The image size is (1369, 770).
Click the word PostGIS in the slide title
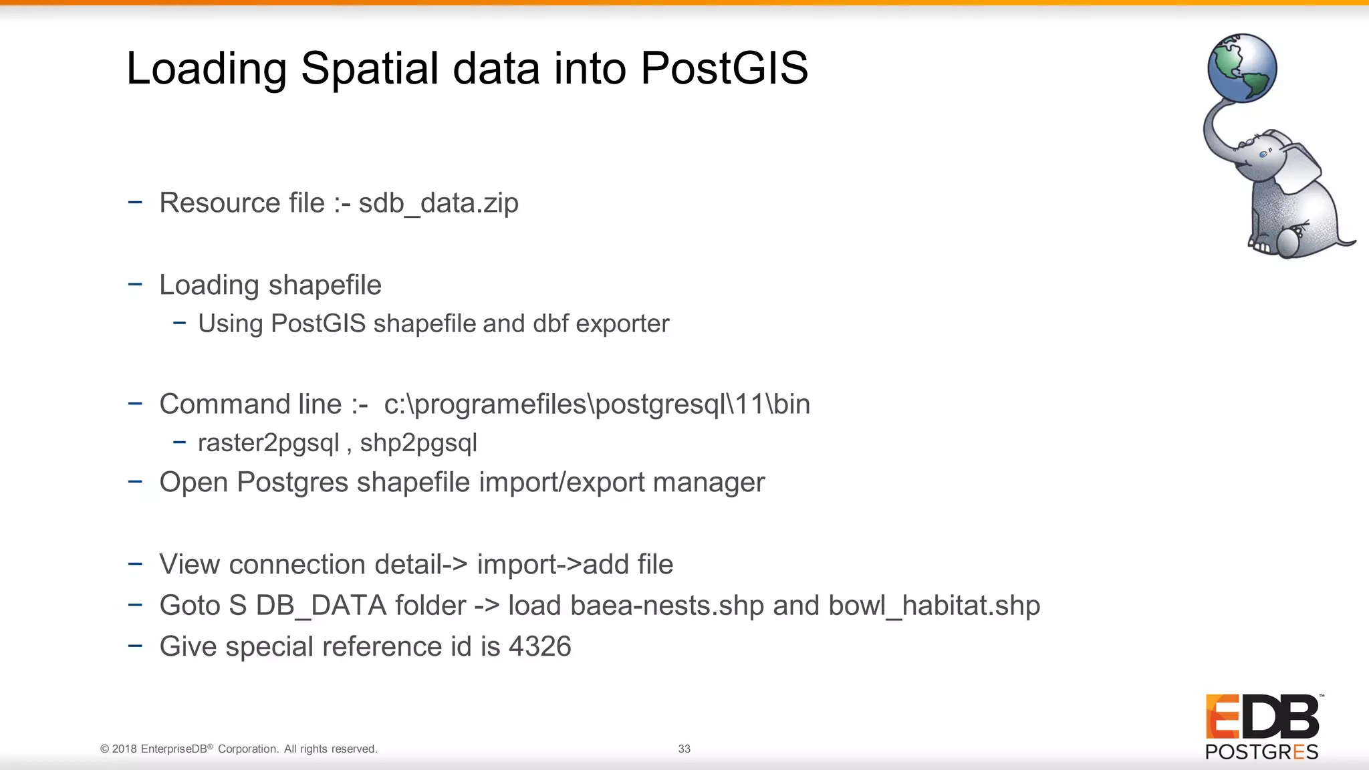click(x=724, y=68)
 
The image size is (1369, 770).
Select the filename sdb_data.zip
click(x=438, y=203)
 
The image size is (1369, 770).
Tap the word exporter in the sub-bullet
click(x=622, y=324)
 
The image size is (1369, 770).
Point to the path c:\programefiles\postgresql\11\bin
click(x=597, y=404)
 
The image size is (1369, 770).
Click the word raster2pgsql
click(x=269, y=443)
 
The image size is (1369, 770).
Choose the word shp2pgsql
click(x=418, y=443)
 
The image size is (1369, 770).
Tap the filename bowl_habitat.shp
click(x=934, y=606)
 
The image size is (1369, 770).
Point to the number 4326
click(x=539, y=647)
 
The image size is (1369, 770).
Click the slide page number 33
click(x=684, y=749)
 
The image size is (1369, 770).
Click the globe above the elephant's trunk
click(x=1242, y=68)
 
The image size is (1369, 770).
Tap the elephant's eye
click(x=1263, y=154)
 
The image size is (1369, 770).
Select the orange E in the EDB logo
click(x=1221, y=716)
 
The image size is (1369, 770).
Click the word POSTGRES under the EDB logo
click(x=1261, y=752)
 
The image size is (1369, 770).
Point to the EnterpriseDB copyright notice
click(x=239, y=749)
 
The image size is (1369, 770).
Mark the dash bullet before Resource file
click(x=135, y=202)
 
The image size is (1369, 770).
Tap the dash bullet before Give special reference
click(x=135, y=646)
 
